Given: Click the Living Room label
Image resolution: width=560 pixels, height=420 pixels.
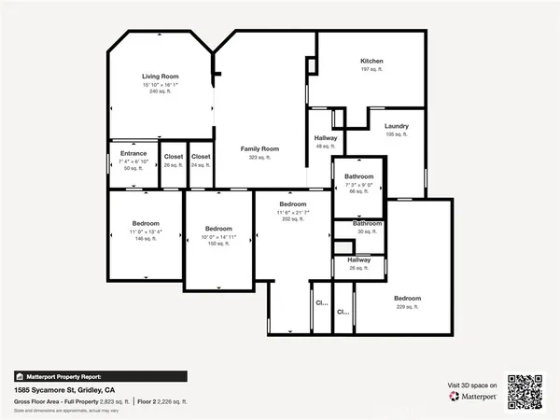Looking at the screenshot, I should coord(161,77).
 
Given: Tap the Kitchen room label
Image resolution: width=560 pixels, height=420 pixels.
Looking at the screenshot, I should coord(372,62).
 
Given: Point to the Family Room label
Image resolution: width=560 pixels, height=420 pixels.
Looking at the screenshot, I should coord(259,149).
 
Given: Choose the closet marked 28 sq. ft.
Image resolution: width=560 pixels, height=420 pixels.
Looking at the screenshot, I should coord(174,156).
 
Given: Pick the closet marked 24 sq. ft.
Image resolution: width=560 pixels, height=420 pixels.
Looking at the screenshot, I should coord(201,156).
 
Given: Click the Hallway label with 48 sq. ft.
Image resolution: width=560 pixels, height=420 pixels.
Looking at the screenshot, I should coord(326,138).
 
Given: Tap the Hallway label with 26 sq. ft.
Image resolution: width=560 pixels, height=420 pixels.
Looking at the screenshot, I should coord(359,260).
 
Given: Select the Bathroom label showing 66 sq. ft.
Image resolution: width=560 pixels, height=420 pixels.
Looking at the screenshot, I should coord(358,176).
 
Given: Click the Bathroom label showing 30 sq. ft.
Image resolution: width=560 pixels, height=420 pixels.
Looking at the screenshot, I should coord(367,224).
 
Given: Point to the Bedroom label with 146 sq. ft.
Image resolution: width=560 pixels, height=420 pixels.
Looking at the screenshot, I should coord(146,224).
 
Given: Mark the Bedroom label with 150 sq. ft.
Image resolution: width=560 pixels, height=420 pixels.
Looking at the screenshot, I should coord(218,229).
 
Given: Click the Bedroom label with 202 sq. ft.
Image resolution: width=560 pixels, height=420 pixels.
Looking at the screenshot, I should coord(293,203).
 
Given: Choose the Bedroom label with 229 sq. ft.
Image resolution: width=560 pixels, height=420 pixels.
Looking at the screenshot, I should coord(407,299).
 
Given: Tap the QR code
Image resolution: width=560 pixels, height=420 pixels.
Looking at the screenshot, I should coord(524,391).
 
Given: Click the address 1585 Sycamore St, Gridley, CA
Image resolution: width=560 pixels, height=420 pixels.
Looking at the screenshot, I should coord(64,389).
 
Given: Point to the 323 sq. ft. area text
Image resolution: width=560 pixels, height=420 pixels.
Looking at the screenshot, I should coord(259,158).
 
